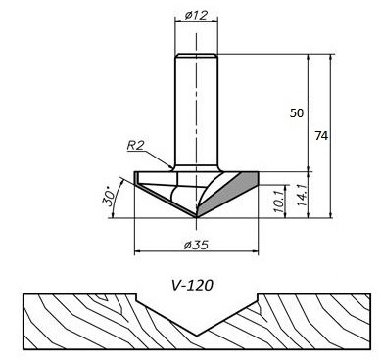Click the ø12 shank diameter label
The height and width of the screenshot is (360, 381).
click(196, 15)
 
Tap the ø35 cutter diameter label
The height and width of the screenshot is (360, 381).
click(196, 245)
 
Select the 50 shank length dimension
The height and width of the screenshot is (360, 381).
click(297, 113)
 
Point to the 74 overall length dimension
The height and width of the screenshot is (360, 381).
click(321, 135)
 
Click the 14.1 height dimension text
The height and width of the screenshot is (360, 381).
click(301, 195)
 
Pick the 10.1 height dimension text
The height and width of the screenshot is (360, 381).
click(278, 202)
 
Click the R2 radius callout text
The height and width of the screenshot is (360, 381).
click(135, 145)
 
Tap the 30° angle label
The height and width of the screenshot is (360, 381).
click(109, 197)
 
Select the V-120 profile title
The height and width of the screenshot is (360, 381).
click(192, 285)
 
